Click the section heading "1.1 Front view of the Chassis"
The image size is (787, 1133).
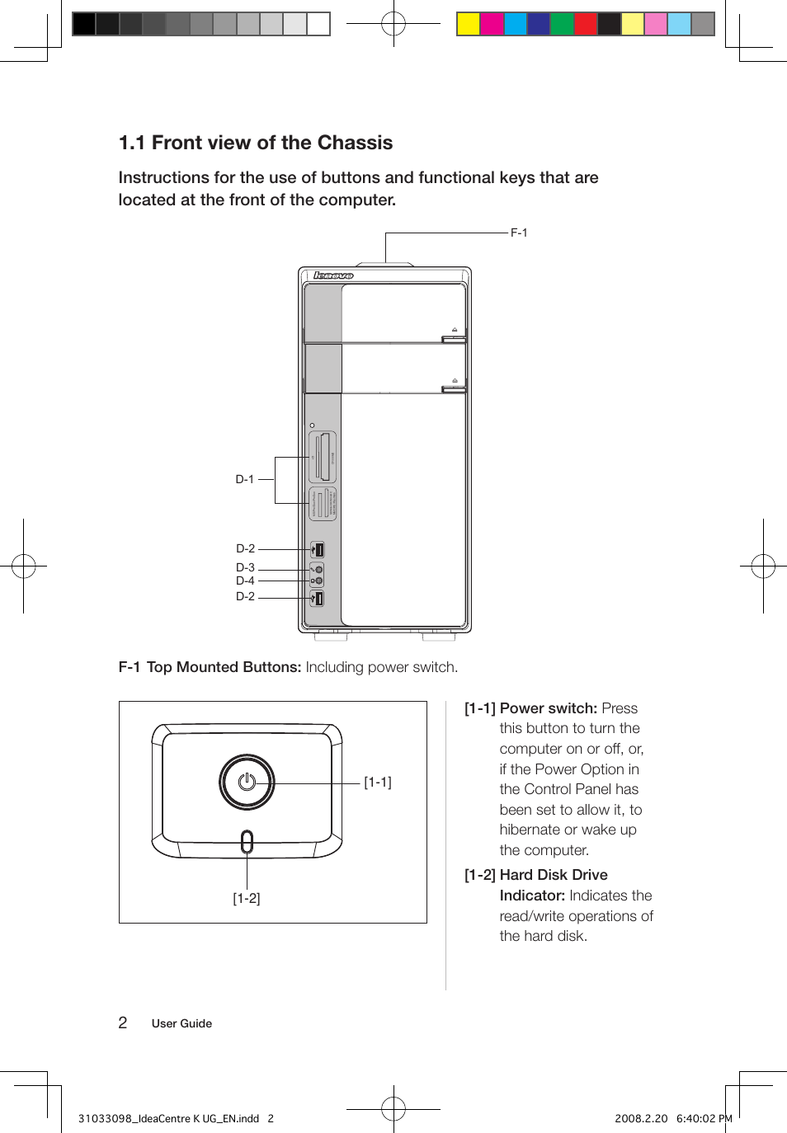[256, 143]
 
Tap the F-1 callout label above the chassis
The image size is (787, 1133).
[518, 233]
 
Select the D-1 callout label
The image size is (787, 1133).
[245, 479]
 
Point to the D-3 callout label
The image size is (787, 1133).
[245, 567]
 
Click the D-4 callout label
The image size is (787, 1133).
[245, 581]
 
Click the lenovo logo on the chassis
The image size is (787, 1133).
[333, 275]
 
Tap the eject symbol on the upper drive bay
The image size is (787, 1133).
[455, 330]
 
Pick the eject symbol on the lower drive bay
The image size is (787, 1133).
[455, 381]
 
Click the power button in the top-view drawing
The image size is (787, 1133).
[247, 782]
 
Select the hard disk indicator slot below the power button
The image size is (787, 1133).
[247, 842]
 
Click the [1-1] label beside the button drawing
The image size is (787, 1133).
[378, 783]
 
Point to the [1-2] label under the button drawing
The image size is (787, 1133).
[246, 899]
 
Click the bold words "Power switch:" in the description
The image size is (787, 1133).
[548, 708]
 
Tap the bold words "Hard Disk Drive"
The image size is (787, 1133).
[554, 875]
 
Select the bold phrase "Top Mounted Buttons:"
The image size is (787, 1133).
[224, 667]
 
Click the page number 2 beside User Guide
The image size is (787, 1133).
[123, 1023]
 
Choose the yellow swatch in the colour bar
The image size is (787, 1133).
[469, 24]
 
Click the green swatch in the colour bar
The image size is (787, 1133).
[562, 24]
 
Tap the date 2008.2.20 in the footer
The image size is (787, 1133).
[641, 1119]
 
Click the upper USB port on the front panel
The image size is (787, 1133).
[318, 550]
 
